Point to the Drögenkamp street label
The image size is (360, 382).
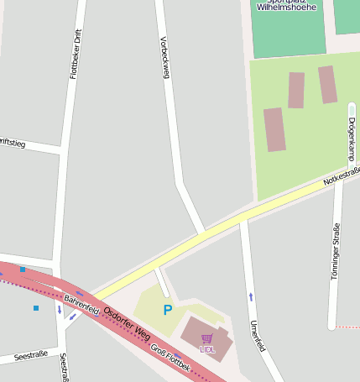click(350, 139)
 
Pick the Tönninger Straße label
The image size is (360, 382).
click(335, 252)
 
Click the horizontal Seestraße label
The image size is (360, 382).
click(31, 355)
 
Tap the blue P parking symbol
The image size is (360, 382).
click(167, 311)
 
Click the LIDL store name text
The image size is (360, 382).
click(206, 349)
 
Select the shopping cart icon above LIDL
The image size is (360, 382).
click(206, 338)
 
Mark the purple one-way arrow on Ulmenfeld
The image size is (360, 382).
click(250, 296)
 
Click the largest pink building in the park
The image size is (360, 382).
click(274, 129)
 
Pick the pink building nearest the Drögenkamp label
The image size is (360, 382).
click(327, 84)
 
